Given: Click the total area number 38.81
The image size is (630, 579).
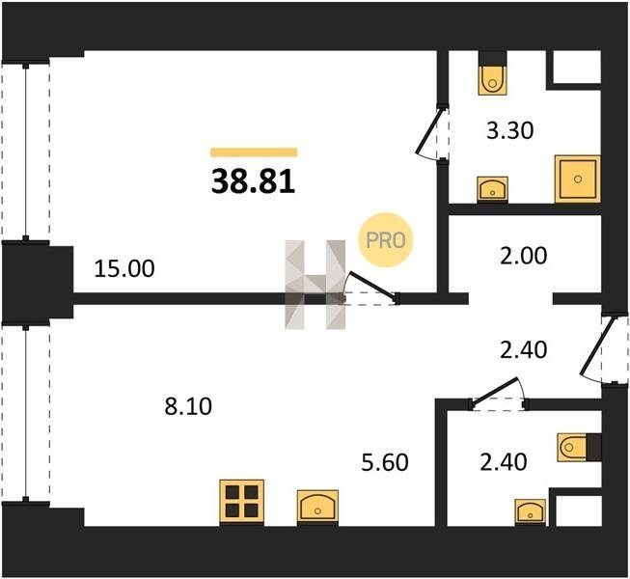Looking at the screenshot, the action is pyautogui.click(x=253, y=181).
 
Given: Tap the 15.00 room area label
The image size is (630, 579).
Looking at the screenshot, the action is pyautogui.click(x=124, y=269).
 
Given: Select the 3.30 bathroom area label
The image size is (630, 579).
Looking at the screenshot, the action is pyautogui.click(x=509, y=130).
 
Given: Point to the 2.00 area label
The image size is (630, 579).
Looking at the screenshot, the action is pyautogui.click(x=524, y=256).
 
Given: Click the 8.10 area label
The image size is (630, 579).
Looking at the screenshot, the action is pyautogui.click(x=188, y=406).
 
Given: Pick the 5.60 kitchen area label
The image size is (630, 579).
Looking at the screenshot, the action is pyautogui.click(x=385, y=462).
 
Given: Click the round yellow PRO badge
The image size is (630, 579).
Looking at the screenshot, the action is pyautogui.click(x=386, y=240).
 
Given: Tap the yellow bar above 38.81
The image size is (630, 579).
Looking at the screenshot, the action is pyautogui.click(x=254, y=152).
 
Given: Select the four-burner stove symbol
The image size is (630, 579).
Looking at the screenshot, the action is pyautogui.click(x=242, y=502).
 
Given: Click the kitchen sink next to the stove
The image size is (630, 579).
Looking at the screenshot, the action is pyautogui.click(x=317, y=508).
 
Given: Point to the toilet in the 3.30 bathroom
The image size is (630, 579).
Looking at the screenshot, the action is pyautogui.click(x=493, y=73).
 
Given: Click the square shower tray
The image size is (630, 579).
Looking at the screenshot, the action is pyautogui.click(x=578, y=179).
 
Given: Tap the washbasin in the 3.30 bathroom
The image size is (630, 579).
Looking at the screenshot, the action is pyautogui.click(x=493, y=189).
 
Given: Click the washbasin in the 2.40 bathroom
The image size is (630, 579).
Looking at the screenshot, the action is pyautogui.click(x=531, y=511).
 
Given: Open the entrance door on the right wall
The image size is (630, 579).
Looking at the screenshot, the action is pyautogui.click(x=598, y=348).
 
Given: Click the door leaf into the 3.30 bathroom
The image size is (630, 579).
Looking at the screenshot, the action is pyautogui.click(x=429, y=130).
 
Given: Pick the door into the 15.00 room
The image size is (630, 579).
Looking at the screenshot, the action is pyautogui.click(x=370, y=286).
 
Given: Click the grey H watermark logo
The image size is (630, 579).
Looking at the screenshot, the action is pyautogui.click(x=315, y=285).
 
